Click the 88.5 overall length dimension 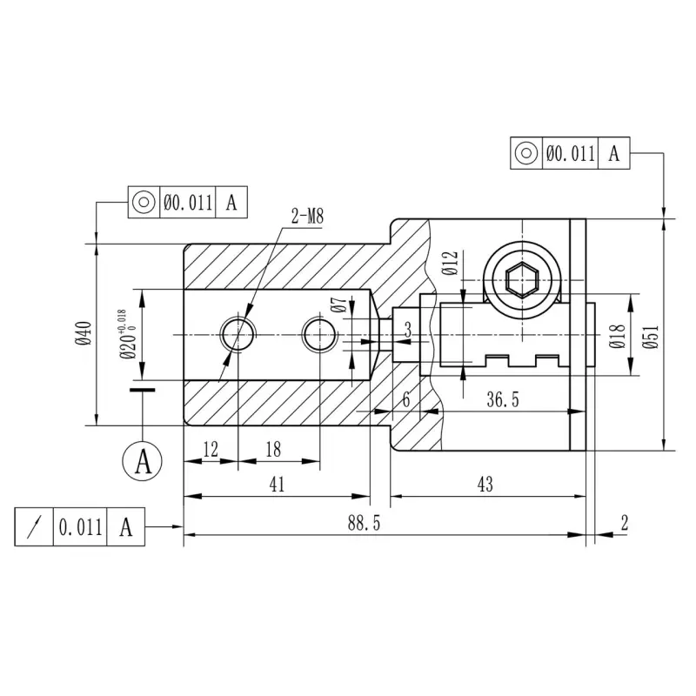364,524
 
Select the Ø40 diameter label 84,334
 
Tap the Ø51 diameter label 651,337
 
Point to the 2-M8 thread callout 307,216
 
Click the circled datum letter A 143,461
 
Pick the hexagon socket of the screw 522,279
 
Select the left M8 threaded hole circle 238,334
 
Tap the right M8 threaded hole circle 319,334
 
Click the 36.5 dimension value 503,399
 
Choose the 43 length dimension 485,485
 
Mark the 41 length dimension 277,485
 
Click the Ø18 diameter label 617,336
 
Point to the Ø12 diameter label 450,264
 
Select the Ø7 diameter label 338,304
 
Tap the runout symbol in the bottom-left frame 34,527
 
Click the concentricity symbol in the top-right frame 526,153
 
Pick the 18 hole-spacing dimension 273,450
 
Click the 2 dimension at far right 625,524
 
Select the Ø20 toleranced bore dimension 128,335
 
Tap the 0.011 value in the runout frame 80,527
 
